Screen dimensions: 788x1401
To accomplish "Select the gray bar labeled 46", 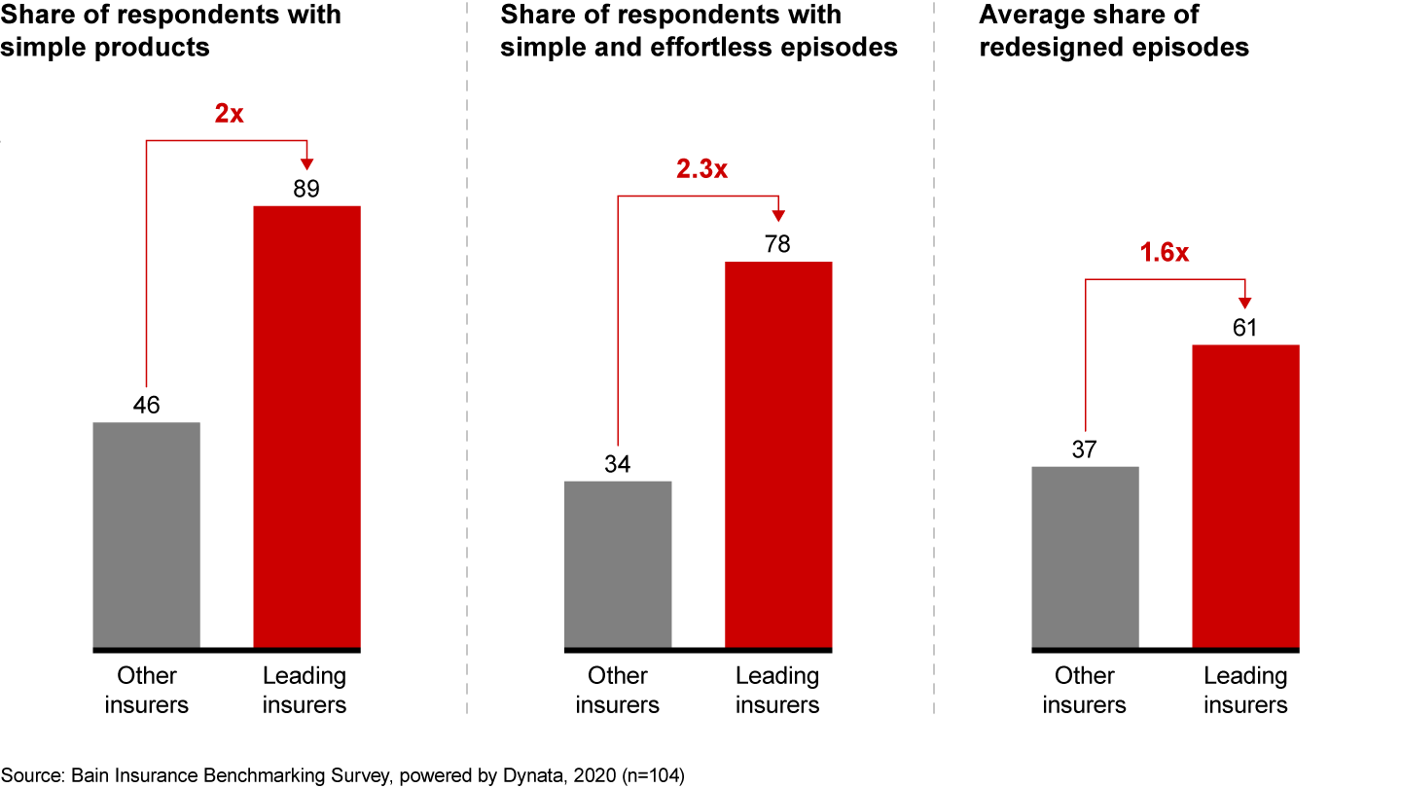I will pyautogui.click(x=146, y=534).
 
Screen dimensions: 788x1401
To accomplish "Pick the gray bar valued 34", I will pyautogui.click(x=618, y=563).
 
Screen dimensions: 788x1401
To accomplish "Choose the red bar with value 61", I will pyautogui.click(x=1245, y=495).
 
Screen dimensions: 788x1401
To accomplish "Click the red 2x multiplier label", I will pyautogui.click(x=230, y=114).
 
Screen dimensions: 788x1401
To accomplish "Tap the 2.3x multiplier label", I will pyautogui.click(x=701, y=169).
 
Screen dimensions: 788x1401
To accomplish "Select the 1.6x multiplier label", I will pyautogui.click(x=1164, y=253).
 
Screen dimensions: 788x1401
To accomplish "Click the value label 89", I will pyautogui.click(x=306, y=189).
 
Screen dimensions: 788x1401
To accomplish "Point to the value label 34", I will pyautogui.click(x=618, y=464).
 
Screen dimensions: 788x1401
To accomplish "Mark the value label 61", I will pyautogui.click(x=1245, y=328).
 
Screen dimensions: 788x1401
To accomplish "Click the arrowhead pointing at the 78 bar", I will pyautogui.click(x=778, y=216).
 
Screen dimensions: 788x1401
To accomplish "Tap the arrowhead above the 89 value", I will pyautogui.click(x=306, y=161).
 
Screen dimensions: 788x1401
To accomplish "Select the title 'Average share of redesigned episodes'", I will pyautogui.click(x=1114, y=31).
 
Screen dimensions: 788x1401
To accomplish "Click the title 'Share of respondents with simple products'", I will pyautogui.click(x=171, y=31).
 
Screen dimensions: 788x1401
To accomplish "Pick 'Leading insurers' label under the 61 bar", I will pyautogui.click(x=1245, y=690).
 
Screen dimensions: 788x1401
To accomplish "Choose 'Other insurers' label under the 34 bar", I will pyautogui.click(x=618, y=690).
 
